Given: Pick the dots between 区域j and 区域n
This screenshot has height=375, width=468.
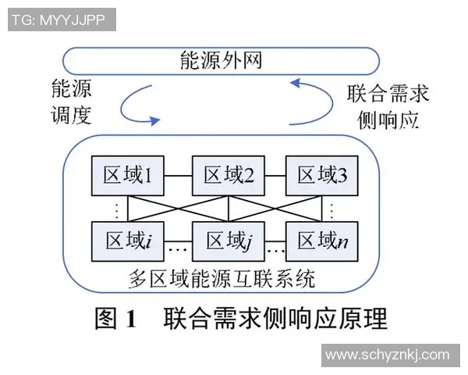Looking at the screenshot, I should coord(273,251).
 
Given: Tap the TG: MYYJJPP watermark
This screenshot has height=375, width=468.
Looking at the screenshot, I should coord(59,20).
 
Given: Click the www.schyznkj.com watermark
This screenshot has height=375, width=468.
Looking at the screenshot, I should coord(388,355).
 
